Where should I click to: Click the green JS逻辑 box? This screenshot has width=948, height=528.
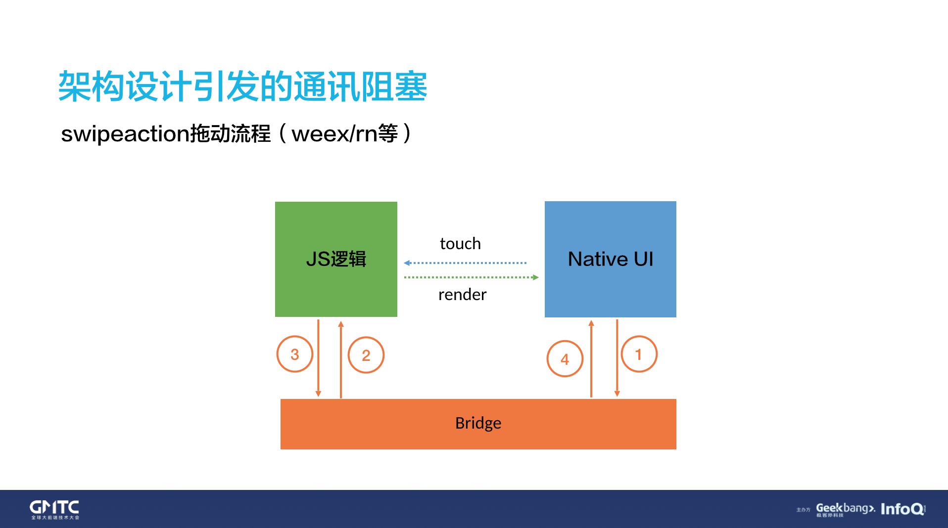pyautogui.click(x=336, y=259)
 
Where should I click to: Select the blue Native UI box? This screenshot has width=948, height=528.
pyautogui.click(x=610, y=259)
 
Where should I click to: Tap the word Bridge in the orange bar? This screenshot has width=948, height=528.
pyautogui.click(x=478, y=423)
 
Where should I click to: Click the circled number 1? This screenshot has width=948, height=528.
pyautogui.click(x=639, y=354)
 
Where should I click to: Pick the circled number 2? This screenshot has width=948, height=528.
pyautogui.click(x=366, y=355)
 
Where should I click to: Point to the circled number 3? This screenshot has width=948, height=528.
pyautogui.click(x=295, y=354)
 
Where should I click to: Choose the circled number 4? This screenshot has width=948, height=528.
pyautogui.click(x=565, y=359)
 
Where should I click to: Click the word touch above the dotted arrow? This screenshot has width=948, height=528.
pyautogui.click(x=460, y=244)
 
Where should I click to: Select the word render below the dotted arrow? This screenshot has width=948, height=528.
pyautogui.click(x=462, y=295)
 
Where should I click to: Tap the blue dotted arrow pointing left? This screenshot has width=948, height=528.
pyautogui.click(x=465, y=263)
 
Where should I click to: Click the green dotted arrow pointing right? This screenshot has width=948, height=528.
pyautogui.click(x=471, y=277)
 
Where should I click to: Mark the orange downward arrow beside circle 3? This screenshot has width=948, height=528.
pyautogui.click(x=318, y=358)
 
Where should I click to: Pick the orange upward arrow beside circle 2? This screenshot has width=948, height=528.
pyautogui.click(x=341, y=359)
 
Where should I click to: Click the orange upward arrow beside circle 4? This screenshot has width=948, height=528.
pyautogui.click(x=591, y=359)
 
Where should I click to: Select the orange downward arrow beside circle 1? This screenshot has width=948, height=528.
pyautogui.click(x=617, y=358)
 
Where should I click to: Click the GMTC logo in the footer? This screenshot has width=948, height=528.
pyautogui.click(x=54, y=509)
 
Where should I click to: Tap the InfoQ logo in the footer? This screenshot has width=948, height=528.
pyautogui.click(x=902, y=509)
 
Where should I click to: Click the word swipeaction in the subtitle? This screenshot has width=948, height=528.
pyautogui.click(x=125, y=134)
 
